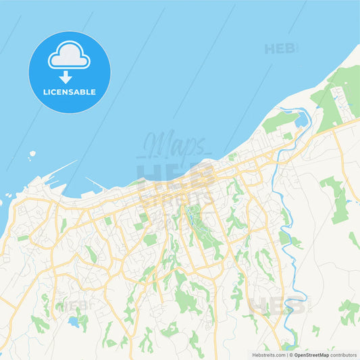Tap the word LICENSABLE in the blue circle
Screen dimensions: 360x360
pyautogui.click(x=69, y=91)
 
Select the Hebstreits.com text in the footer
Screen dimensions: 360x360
pyautogui.click(x=268, y=354)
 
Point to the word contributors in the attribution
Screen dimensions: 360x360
pyautogui.click(x=343, y=354)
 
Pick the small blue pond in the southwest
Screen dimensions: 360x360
pyautogui.click(x=74, y=322)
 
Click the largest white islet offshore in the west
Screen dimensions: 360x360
pyautogui.click(x=32, y=154)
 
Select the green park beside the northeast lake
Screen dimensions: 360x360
pyautogui.click(x=279, y=122)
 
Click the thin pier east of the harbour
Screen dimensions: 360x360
pyautogui.click(x=95, y=184)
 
